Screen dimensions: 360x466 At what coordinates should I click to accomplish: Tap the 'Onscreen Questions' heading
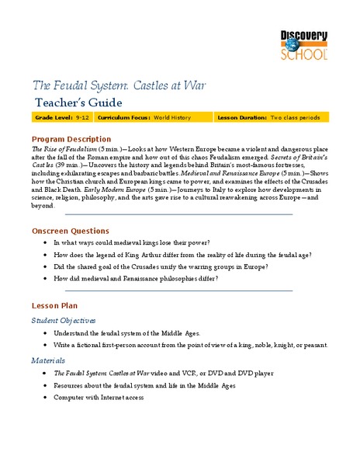tap(71, 231)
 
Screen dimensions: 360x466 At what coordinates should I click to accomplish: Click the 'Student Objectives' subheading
tap(64, 320)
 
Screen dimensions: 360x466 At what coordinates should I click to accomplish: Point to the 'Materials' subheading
tap(48, 360)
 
